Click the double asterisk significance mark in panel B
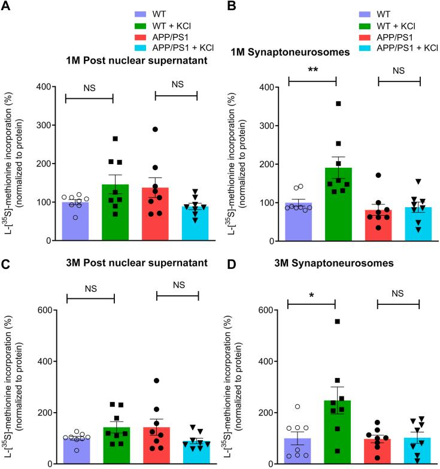[312, 69]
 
